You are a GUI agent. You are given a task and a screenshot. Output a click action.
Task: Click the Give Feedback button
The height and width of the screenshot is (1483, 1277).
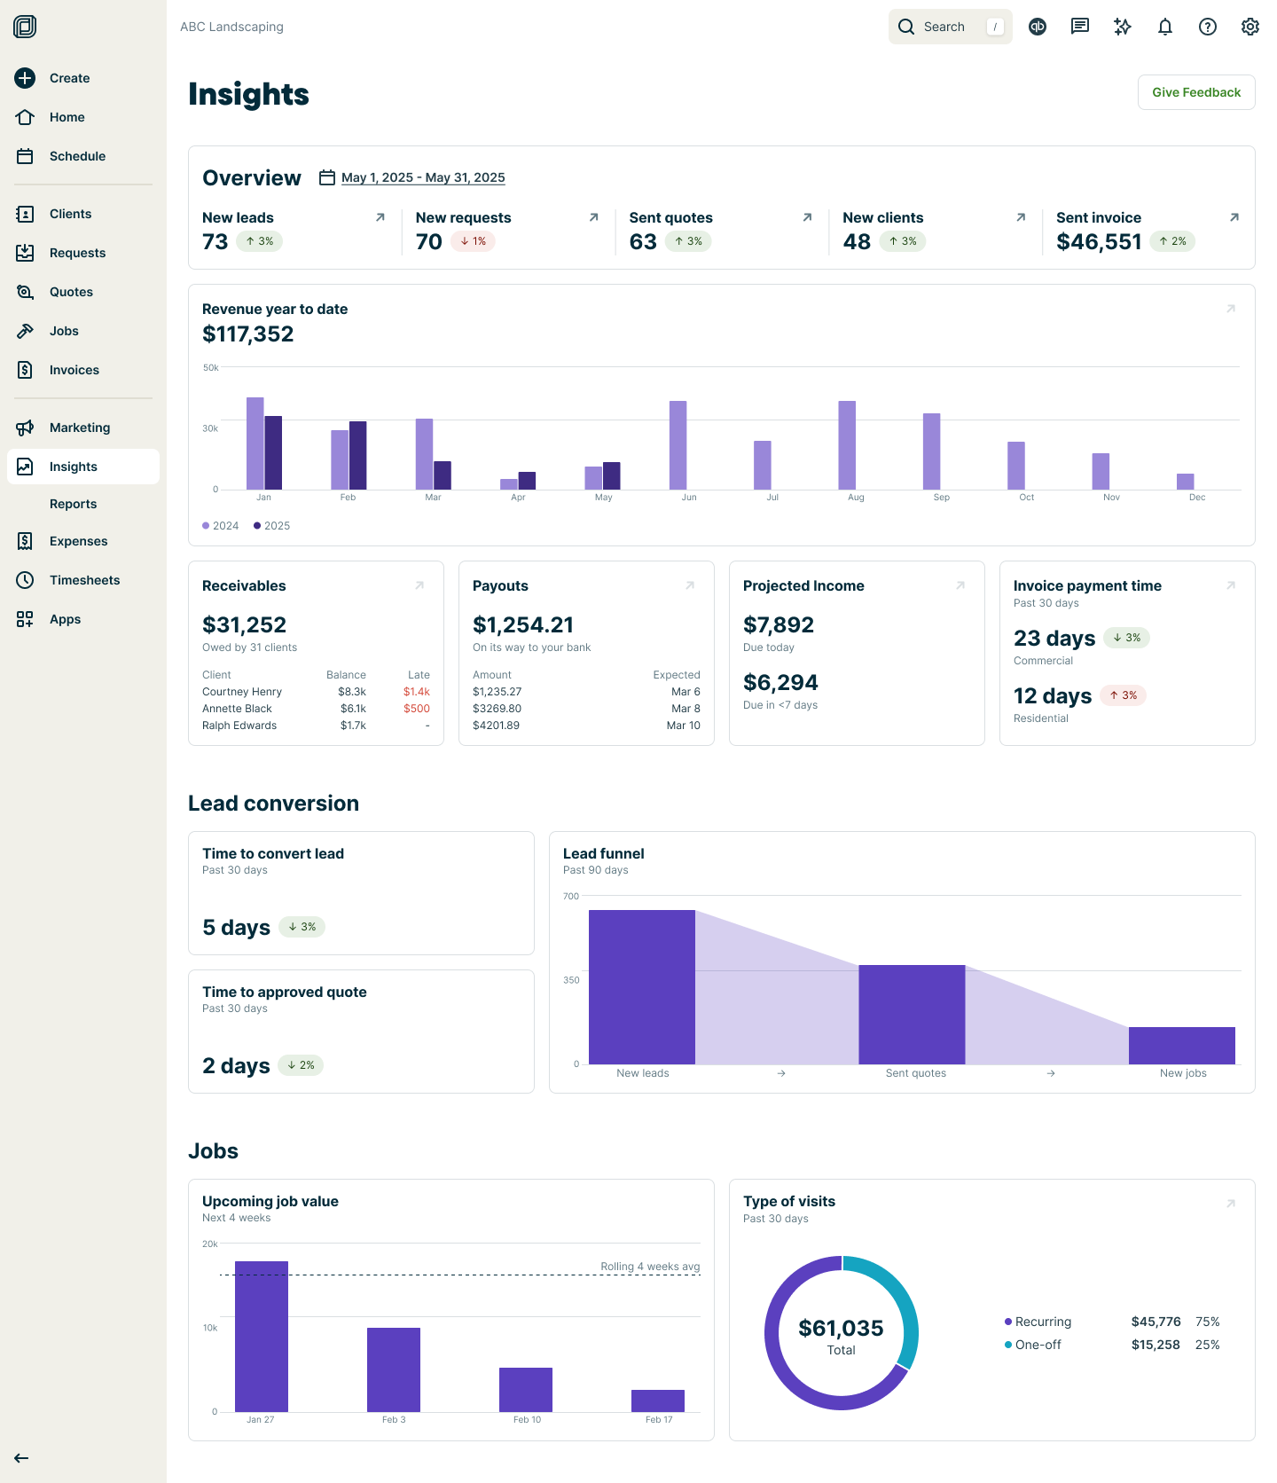[1195, 92]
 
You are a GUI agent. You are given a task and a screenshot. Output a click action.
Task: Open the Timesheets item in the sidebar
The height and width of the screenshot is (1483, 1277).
[84, 580]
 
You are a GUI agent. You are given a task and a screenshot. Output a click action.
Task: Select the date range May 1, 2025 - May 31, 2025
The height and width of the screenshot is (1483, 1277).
[422, 177]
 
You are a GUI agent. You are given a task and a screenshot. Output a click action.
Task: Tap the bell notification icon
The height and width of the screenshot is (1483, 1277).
[1164, 27]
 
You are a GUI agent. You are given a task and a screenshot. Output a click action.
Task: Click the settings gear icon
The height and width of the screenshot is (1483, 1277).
[1250, 27]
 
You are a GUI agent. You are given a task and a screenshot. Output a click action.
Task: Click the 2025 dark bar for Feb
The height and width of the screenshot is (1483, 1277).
[357, 455]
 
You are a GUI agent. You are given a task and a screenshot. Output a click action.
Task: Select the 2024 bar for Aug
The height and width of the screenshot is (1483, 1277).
[847, 444]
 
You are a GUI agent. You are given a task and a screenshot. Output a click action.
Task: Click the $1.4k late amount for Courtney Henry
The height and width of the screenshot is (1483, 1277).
[416, 692]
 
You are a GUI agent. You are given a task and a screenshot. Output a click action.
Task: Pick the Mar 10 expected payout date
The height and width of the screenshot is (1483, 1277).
[683, 726]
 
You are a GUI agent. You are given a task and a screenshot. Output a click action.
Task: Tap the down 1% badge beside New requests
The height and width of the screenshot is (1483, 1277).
[473, 241]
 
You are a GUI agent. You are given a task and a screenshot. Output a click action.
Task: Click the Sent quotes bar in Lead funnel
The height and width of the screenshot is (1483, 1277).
[911, 1014]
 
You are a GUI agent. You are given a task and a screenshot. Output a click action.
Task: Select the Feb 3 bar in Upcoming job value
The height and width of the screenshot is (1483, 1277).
[393, 1369]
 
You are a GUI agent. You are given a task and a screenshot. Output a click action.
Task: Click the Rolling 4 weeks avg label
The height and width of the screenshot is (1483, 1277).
[649, 1267]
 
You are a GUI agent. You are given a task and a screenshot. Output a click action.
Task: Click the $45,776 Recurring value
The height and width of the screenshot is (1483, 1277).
[1155, 1322]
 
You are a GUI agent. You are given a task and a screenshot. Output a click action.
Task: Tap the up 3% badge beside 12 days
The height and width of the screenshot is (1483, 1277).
[1123, 695]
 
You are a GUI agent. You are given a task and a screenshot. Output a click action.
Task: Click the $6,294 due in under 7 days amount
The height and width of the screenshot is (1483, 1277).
[780, 683]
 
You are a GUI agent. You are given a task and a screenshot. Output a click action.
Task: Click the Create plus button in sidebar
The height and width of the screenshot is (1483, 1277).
[25, 78]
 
